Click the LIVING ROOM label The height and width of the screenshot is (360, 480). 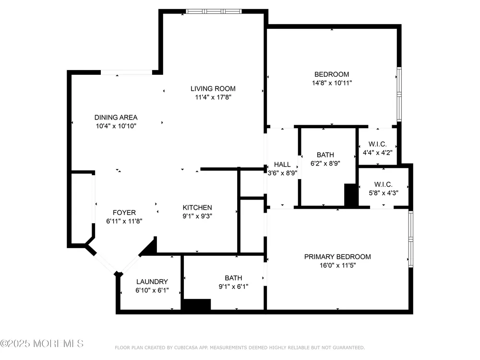tap(213, 89)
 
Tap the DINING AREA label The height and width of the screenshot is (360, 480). tap(116, 118)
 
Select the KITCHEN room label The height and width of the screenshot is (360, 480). tap(197, 207)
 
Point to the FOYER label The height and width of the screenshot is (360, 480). tap(124, 213)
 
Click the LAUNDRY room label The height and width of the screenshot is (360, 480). tap(152, 282)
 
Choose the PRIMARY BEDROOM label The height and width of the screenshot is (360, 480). tap(337, 257)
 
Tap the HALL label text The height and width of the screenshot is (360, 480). tap(282, 165)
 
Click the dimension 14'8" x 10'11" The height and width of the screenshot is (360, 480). tap(332, 83)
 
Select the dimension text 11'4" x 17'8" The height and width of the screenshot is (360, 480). tap(213, 97)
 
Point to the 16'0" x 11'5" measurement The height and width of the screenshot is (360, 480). tap(337, 265)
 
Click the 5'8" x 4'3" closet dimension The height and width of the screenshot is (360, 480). tap(383, 193)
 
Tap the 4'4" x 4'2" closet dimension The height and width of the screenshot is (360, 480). tap(377, 153)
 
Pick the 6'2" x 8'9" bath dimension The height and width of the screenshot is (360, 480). tap(325, 164)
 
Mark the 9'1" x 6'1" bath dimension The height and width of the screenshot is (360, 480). tap(233, 287)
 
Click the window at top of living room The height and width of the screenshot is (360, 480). tap(214, 12)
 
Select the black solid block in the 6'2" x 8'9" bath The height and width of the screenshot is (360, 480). tap(351, 195)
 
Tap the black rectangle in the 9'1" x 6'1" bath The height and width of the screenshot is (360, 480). tap(197, 305)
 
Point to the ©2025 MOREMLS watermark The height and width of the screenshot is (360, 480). tap(42, 344)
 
